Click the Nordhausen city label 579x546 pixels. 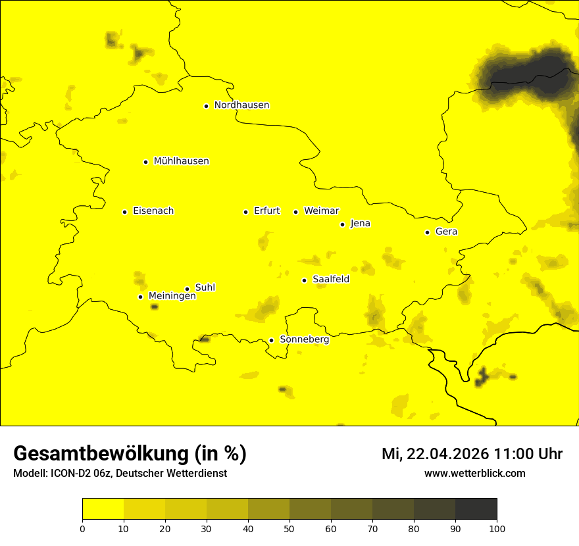point(241,105)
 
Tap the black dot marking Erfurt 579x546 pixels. point(245,212)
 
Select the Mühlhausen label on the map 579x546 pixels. point(181,161)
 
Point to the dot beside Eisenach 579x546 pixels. point(124,212)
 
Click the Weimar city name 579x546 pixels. point(321,211)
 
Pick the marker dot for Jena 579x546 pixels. point(342,224)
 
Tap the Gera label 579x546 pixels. point(446,232)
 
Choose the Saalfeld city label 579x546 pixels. point(330,280)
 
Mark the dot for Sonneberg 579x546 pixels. point(271,340)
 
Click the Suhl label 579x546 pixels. point(205,287)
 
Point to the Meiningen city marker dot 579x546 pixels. point(140,297)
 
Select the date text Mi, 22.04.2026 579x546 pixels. point(435,454)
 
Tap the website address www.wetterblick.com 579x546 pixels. point(474,473)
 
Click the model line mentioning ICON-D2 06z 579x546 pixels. point(120,474)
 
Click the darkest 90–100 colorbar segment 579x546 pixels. point(476,509)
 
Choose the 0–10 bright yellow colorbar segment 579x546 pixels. point(103,509)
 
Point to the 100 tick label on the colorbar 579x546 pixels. point(497,528)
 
